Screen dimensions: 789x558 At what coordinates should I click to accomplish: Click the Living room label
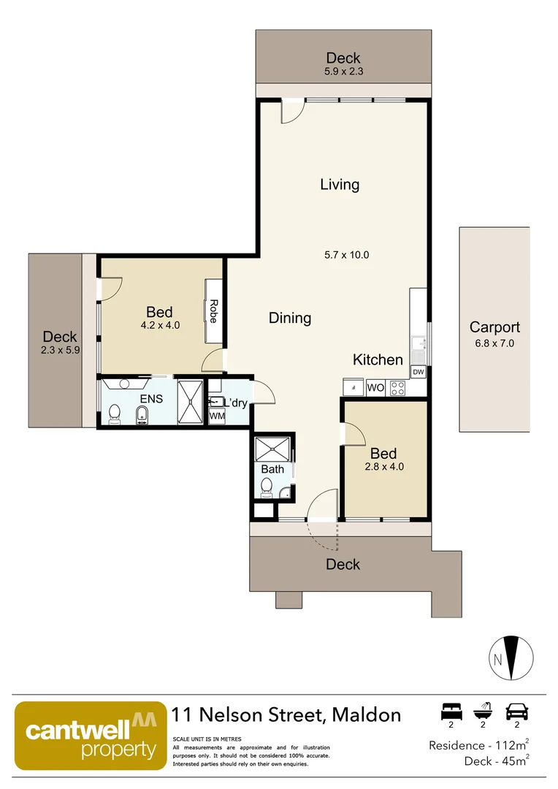[340, 184]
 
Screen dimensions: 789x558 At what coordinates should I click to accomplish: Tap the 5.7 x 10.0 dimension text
[347, 255]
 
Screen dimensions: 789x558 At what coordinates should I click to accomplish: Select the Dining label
[290, 318]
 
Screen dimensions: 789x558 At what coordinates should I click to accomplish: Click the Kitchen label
[378, 359]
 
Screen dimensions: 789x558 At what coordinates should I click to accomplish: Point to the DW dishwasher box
[418, 373]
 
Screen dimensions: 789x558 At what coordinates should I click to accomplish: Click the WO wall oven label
[375, 387]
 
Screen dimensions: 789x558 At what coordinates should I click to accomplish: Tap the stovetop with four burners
[398, 388]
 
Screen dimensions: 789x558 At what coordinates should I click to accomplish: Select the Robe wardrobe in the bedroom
[214, 310]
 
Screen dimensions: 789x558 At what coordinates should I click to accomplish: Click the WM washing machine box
[217, 416]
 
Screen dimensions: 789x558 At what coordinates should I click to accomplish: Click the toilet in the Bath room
[267, 487]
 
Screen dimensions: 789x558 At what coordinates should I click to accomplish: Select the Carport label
[494, 327]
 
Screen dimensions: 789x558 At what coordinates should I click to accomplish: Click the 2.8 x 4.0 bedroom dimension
[384, 466]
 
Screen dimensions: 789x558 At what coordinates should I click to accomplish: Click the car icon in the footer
[516, 711]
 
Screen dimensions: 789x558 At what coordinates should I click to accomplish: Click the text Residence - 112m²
[478, 745]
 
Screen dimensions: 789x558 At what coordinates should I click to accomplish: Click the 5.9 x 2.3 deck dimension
[343, 72]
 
